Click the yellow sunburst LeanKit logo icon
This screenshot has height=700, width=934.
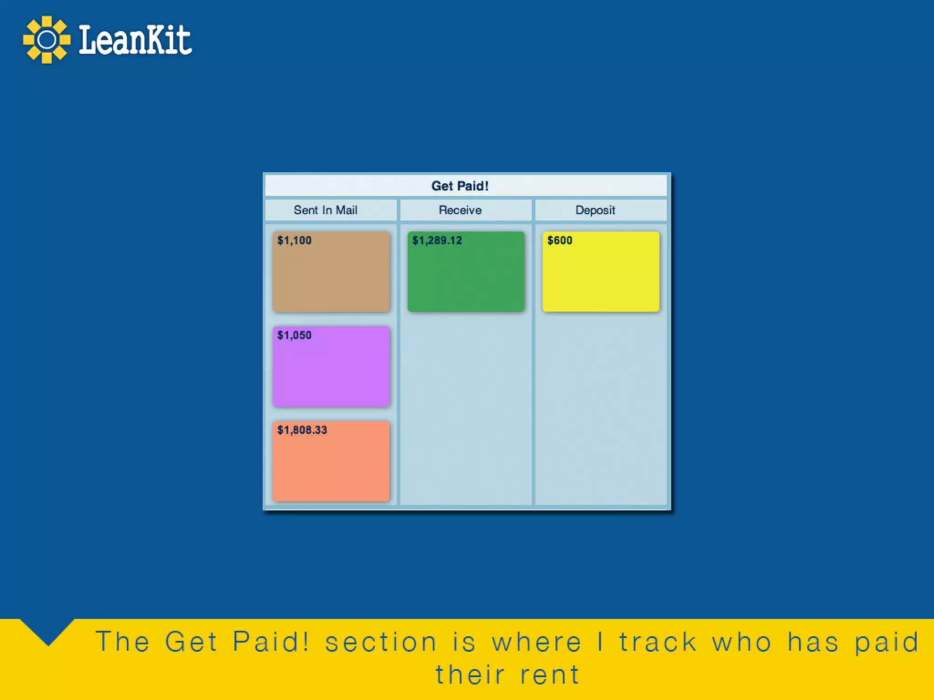tap(47, 40)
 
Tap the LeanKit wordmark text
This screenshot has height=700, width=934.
tap(135, 40)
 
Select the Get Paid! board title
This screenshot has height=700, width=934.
tap(460, 186)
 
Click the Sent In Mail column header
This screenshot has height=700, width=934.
tap(325, 210)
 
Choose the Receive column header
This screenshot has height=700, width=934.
tap(460, 210)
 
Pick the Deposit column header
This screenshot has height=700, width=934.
tap(595, 210)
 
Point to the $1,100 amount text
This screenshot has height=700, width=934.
tap(294, 240)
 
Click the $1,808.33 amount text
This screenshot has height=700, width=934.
tap(302, 430)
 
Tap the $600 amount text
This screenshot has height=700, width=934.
tap(560, 240)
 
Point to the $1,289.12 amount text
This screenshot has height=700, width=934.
tap(437, 240)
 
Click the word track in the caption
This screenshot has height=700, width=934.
tap(658, 642)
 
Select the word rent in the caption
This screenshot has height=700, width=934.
tap(550, 675)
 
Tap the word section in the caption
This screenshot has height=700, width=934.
tap(381, 642)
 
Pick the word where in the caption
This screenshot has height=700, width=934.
tap(536, 642)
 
